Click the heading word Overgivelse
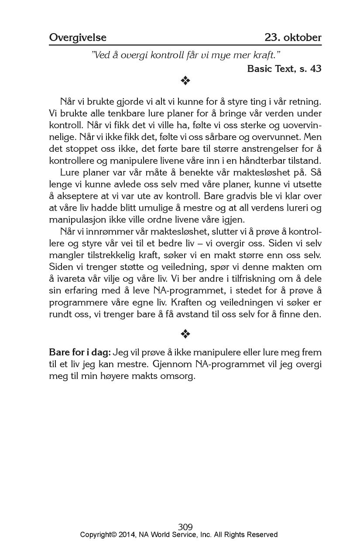(x=78, y=38)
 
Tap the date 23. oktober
(x=293, y=38)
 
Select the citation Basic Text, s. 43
(x=284, y=68)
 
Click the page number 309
(x=185, y=527)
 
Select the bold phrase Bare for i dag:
(x=80, y=352)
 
